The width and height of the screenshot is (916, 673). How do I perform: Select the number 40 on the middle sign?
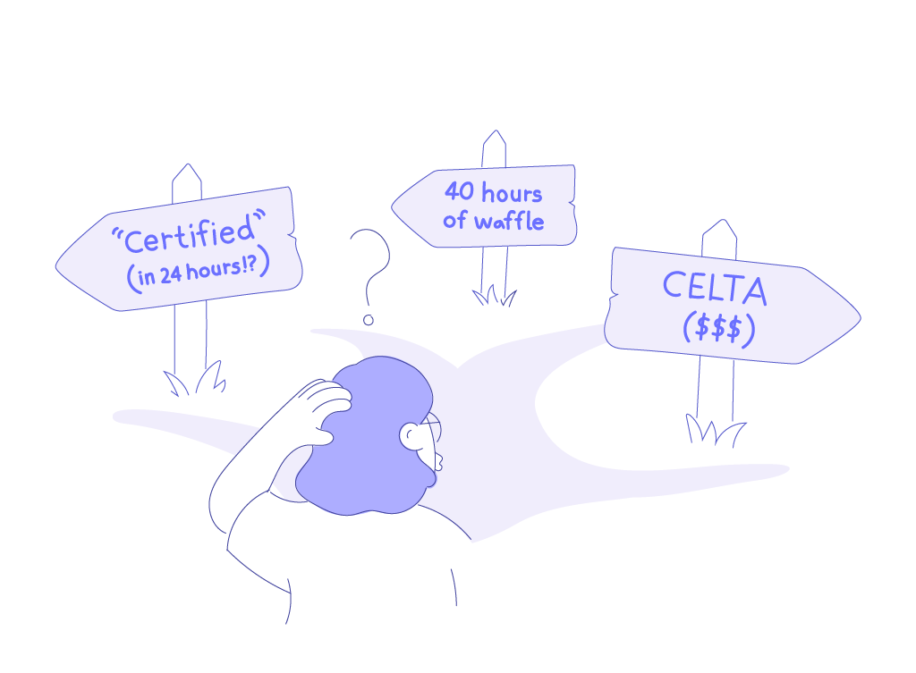pos(461,192)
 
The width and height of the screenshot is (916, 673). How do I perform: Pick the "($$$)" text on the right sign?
pos(717,328)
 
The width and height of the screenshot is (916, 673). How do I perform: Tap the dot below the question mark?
pos(367,319)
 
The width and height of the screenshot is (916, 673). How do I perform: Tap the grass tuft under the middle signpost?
pos(494,296)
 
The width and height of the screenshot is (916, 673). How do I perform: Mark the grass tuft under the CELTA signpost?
pos(716,431)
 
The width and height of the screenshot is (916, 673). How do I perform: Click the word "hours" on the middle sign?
pos(511,192)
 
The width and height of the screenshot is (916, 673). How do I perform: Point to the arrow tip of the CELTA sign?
pos(856,316)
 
